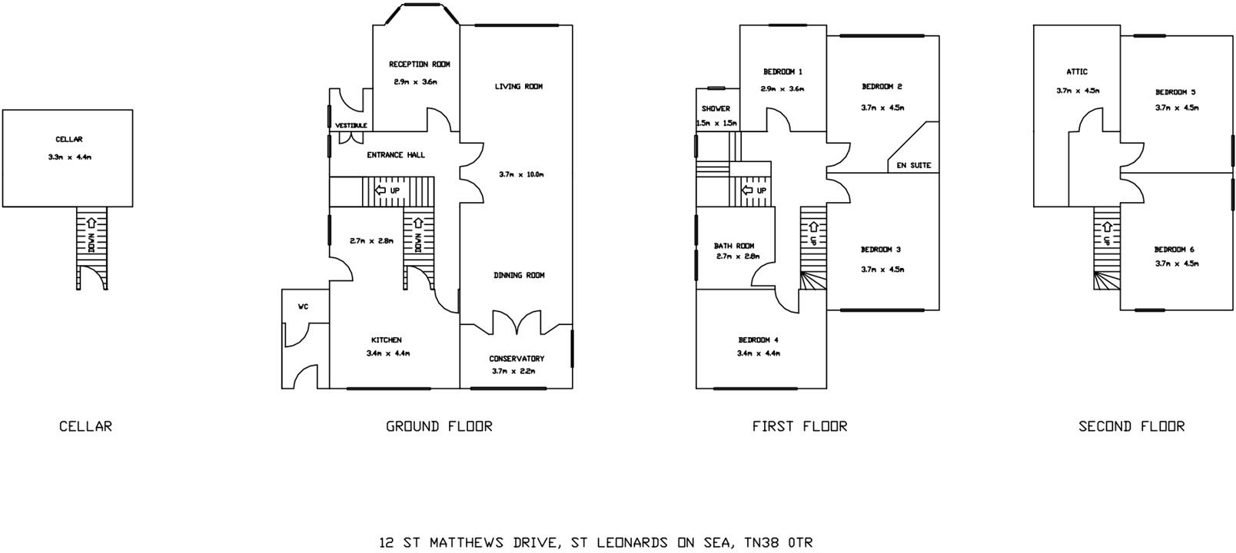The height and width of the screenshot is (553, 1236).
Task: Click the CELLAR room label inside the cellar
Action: point(68,140)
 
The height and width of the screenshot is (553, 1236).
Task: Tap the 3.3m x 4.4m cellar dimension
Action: point(68,157)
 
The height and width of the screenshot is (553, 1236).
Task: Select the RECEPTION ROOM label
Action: point(419,65)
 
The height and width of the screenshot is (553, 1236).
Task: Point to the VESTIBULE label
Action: point(351,125)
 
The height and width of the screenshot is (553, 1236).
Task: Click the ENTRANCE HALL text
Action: point(395,155)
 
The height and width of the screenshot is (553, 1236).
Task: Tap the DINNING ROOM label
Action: point(519,275)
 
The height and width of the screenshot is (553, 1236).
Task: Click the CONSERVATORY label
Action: point(517,359)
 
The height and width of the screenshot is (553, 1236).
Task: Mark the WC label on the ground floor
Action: point(303,306)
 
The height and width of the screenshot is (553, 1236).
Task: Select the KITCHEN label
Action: point(386,340)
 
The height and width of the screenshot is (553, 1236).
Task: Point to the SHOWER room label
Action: point(716,109)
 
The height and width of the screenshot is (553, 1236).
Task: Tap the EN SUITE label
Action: point(914,165)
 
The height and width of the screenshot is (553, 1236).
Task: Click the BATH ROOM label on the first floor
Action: point(734,247)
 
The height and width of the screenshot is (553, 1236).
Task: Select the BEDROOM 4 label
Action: point(758,340)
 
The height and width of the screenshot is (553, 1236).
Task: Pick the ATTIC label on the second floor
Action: point(1076,72)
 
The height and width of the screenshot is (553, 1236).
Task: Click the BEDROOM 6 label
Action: point(1175,250)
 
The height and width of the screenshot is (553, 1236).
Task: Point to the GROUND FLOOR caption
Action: point(438,426)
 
